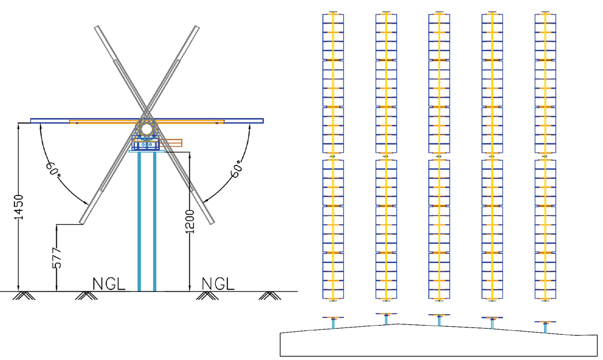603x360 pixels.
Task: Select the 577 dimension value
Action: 57,256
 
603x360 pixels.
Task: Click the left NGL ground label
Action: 109,283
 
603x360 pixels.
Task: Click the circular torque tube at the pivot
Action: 147,128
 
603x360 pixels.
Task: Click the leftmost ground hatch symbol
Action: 26,295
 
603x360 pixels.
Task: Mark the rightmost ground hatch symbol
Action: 268,295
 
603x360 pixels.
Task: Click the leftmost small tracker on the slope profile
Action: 333,320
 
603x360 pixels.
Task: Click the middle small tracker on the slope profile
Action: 439,318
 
